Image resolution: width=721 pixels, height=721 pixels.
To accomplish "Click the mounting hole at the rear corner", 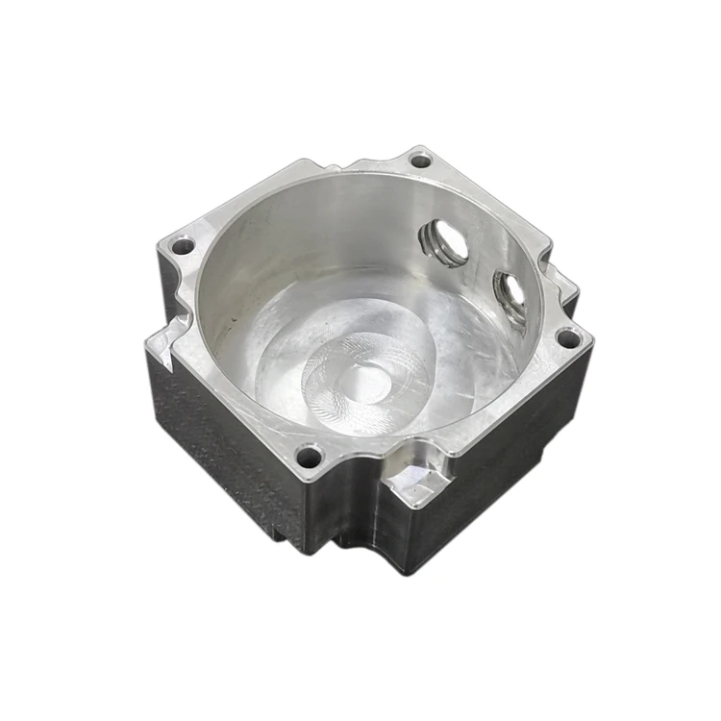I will [x=420, y=161].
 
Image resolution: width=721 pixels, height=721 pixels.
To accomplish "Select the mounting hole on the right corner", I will [x=568, y=338].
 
